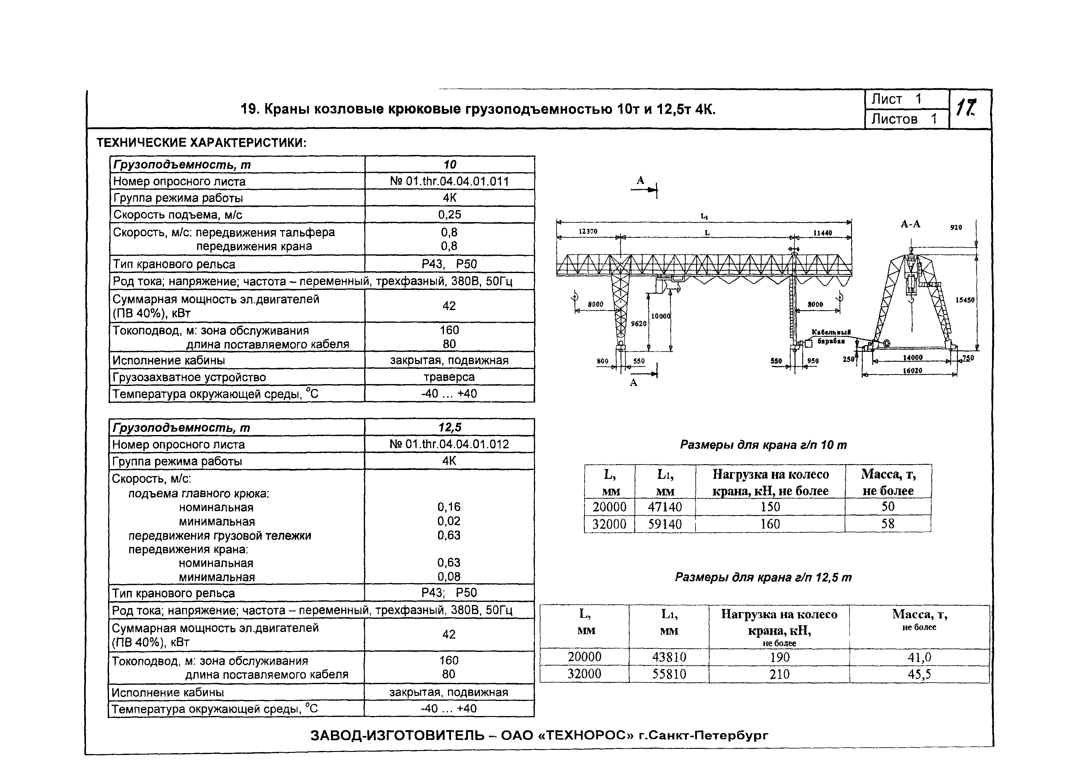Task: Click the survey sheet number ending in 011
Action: coord(449,182)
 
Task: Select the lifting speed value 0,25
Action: coord(449,215)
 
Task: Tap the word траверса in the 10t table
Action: coord(449,377)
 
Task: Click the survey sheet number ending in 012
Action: coord(449,445)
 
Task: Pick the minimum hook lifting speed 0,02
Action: coord(449,521)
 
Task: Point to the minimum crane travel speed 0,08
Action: coord(449,577)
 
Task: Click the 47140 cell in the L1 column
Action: coord(665,507)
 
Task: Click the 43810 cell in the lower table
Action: coord(669,657)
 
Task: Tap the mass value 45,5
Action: coord(919,675)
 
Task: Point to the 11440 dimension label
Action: coord(823,233)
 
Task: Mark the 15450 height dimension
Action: coord(965,300)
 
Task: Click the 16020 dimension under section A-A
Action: coord(912,370)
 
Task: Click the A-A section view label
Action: coord(910,224)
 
